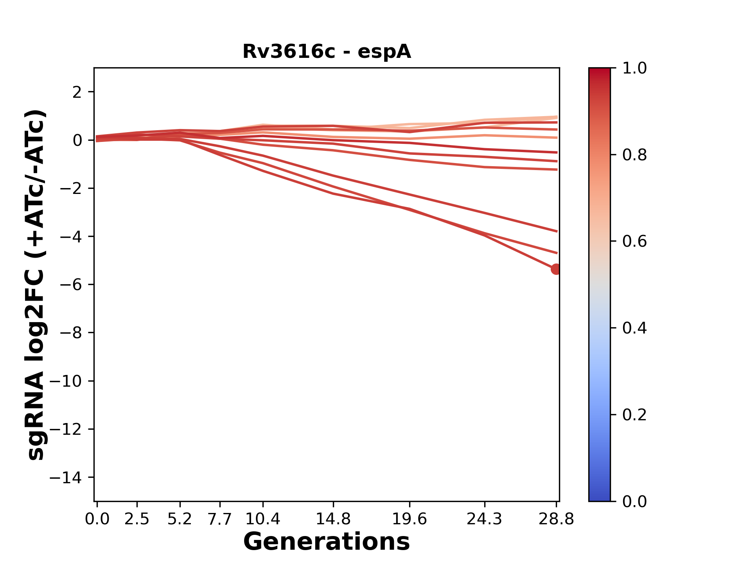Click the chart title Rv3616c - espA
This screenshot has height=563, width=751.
click(x=327, y=52)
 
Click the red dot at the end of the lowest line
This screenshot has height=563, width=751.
click(x=555, y=269)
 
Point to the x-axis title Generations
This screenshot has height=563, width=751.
click(x=327, y=542)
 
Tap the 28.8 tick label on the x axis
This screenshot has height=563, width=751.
click(x=556, y=519)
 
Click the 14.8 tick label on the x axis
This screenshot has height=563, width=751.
click(x=333, y=519)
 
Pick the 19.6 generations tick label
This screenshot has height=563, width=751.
click(x=409, y=519)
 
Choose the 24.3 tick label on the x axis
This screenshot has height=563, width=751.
click(x=484, y=519)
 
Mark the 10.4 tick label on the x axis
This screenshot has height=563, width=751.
click(x=263, y=519)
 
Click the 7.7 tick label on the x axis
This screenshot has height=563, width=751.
click(x=220, y=519)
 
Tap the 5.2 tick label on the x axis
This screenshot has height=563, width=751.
click(x=180, y=519)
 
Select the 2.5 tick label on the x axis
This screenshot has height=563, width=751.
click(x=137, y=519)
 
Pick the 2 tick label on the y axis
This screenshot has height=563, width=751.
click(x=77, y=92)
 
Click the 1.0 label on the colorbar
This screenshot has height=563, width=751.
click(x=634, y=68)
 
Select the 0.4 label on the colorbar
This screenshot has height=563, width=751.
click(x=634, y=328)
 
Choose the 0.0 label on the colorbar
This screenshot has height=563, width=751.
click(x=634, y=501)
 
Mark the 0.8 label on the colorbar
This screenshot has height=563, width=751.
click(x=634, y=155)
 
